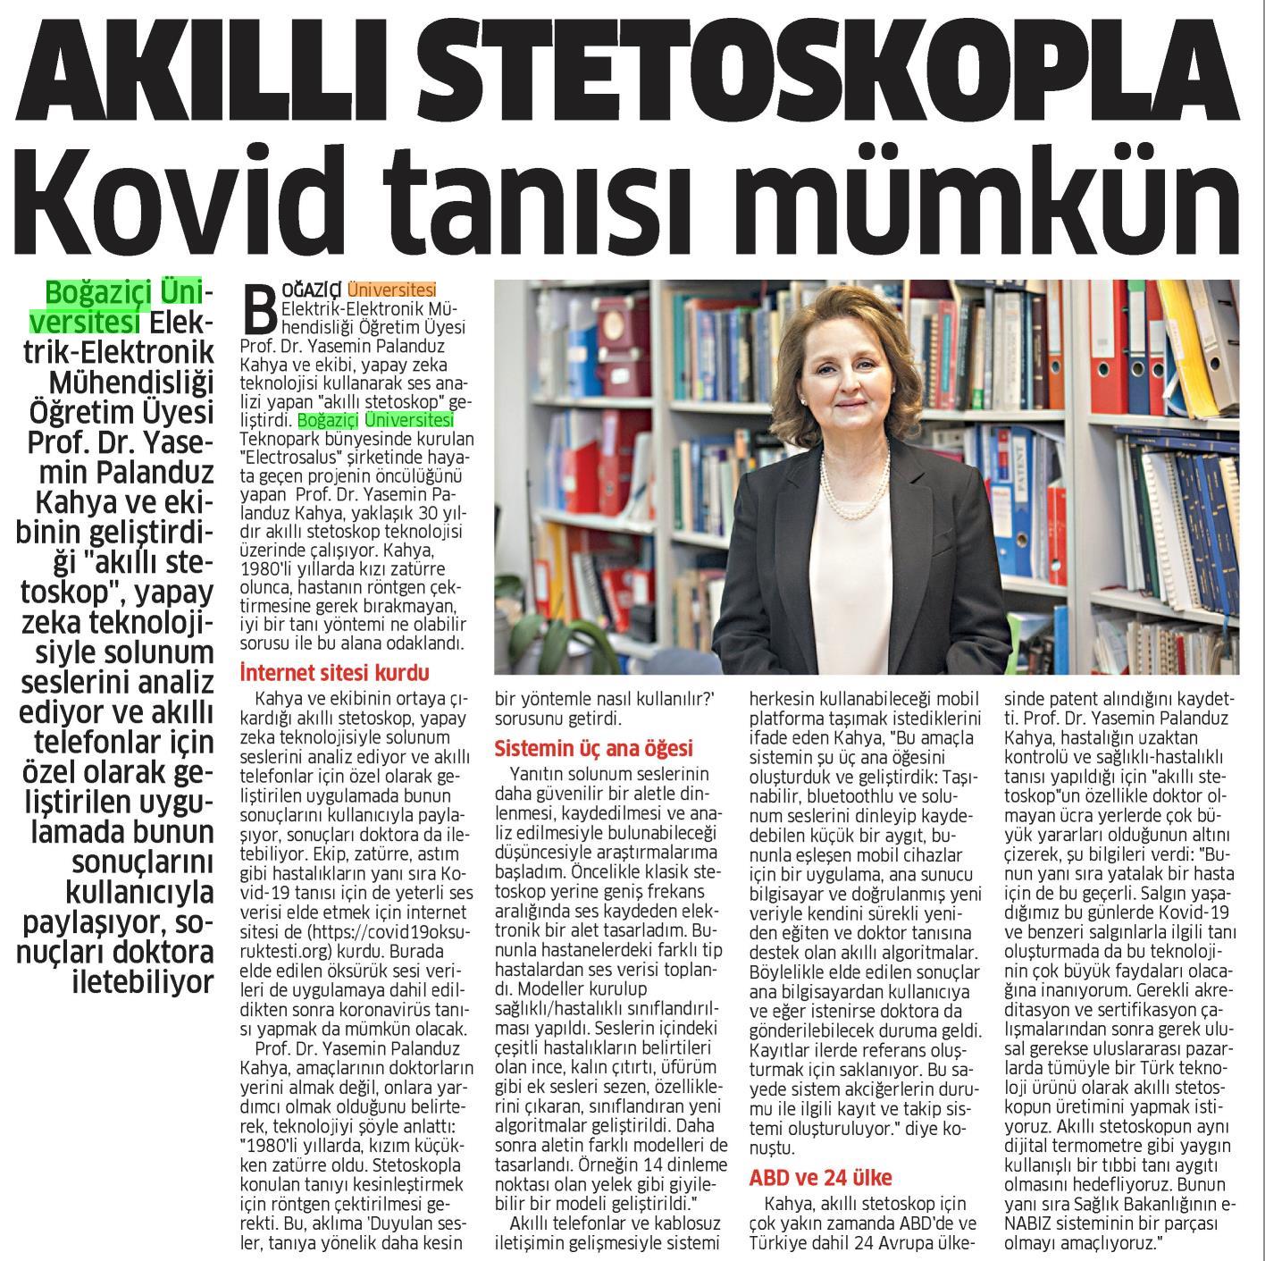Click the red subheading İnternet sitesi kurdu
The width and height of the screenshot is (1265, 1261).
pyautogui.click(x=335, y=672)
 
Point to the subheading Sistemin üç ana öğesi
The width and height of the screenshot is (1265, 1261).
pyautogui.click(x=594, y=748)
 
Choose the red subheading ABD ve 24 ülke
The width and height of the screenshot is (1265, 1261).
pyautogui.click(x=820, y=1177)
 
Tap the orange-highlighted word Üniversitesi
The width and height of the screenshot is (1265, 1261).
pyautogui.click(x=392, y=290)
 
